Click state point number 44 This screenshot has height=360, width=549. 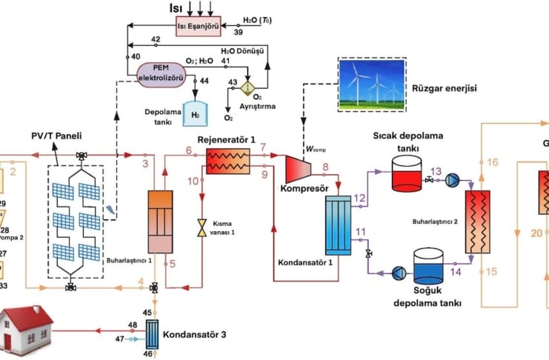pyautogui.click(x=204, y=80)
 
